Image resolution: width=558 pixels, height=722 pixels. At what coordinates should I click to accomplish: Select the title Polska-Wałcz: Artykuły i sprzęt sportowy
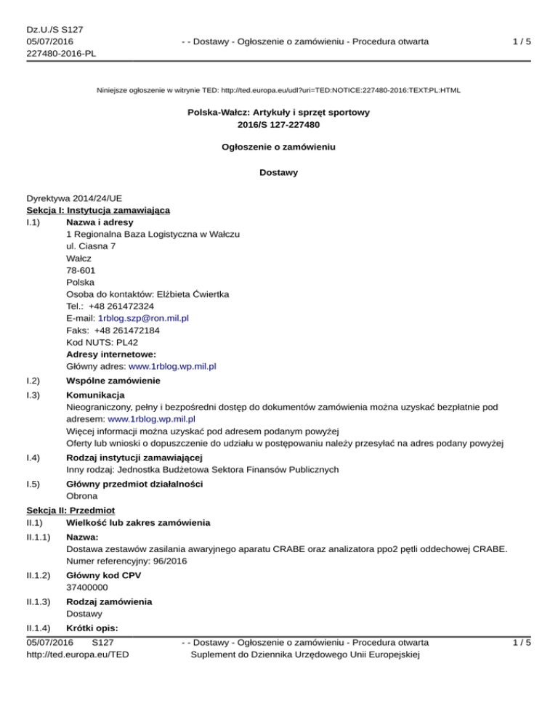click(x=279, y=113)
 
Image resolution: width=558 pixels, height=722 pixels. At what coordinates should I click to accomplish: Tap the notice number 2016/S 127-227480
click(x=279, y=125)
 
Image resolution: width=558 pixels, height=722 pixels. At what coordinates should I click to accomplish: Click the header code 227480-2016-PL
click(x=60, y=53)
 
